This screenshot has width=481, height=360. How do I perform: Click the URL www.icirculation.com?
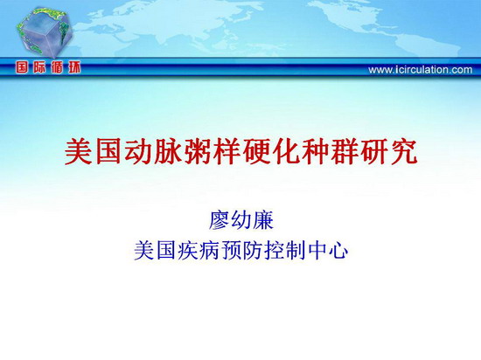(x=421, y=70)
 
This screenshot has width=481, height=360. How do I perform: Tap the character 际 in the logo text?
(x=39, y=67)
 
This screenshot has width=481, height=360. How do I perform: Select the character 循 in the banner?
(x=57, y=67)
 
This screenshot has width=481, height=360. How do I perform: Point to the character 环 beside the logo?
(x=74, y=67)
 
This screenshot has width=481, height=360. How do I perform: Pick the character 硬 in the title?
(x=256, y=152)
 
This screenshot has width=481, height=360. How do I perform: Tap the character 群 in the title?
(x=345, y=152)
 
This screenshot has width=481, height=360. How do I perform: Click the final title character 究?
(x=404, y=152)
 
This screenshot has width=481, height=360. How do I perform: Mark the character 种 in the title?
(x=315, y=152)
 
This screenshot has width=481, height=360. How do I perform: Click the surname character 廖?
(x=220, y=220)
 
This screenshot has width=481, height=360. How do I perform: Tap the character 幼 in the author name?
(x=241, y=220)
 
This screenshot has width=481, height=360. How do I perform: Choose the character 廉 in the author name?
(x=262, y=220)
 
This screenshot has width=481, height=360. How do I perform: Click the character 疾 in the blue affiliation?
(x=187, y=251)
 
